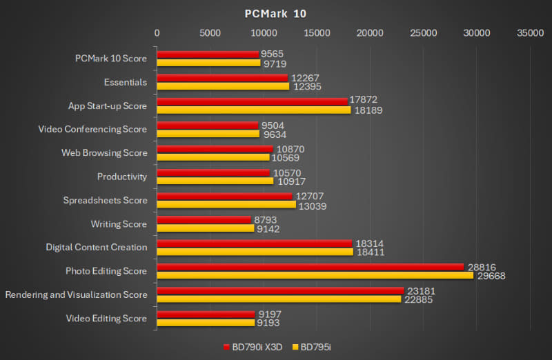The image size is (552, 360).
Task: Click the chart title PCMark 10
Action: tap(276, 13)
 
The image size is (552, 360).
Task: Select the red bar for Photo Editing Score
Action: tap(310, 267)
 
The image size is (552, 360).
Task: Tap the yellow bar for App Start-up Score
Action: tap(253, 110)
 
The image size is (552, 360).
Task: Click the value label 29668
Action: tap(491, 276)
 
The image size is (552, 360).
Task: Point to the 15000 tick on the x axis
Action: tap(317, 32)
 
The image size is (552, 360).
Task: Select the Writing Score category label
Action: tap(119, 224)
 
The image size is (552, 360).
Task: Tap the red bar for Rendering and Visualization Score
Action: tap(280, 290)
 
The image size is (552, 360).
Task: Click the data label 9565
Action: tap(273, 54)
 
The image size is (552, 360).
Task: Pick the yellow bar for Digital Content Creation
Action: tap(255, 252)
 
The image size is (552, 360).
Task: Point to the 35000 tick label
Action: tap(530, 32)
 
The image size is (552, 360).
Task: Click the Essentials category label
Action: tap(125, 82)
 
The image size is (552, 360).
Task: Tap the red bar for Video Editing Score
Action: tap(206, 314)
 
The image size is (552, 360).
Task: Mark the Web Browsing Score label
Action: tap(104, 153)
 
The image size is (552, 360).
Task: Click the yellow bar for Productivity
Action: tap(215, 181)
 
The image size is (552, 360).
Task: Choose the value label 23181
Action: tap(420, 291)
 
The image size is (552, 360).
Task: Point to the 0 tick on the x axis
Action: tap(157, 32)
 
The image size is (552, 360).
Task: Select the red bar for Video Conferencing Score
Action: tap(208, 125)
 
